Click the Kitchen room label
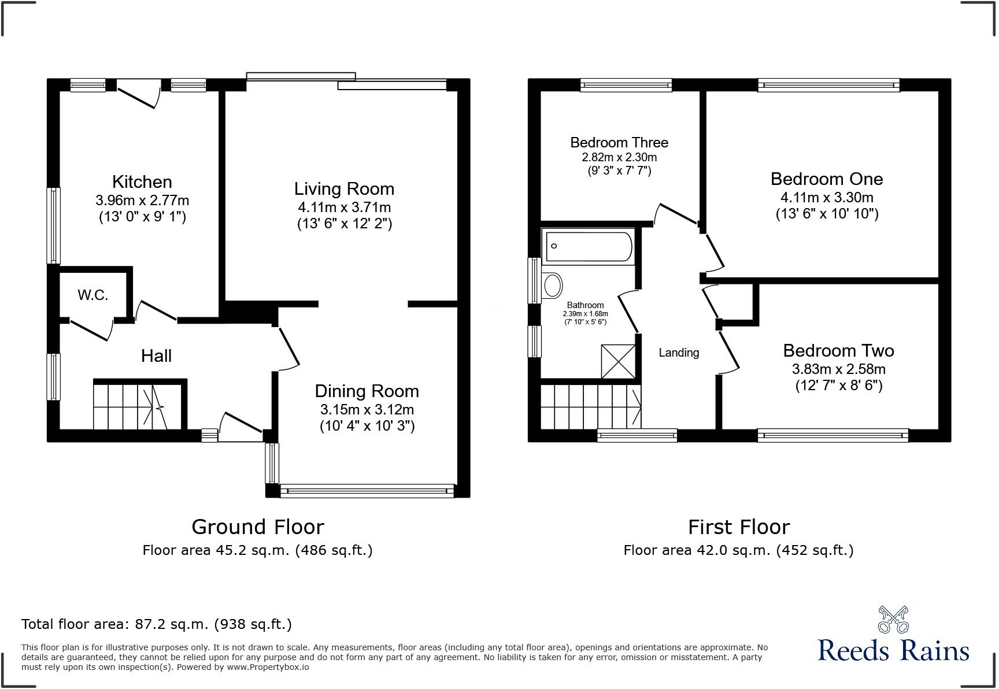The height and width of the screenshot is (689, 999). (142, 182)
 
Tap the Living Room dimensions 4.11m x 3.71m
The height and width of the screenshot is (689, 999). (345, 207)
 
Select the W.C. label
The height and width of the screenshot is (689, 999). (93, 295)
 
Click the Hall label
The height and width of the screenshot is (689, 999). (156, 355)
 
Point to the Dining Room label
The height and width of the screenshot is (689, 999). (367, 391)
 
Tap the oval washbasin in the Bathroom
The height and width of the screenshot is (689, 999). (553, 285)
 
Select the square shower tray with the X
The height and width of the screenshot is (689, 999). (618, 362)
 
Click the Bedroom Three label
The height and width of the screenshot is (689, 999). (619, 142)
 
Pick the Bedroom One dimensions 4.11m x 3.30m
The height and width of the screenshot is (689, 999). (827, 198)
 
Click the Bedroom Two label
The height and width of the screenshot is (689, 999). (838, 351)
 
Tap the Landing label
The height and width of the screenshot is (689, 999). (679, 353)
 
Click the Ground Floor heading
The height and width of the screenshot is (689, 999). (257, 527)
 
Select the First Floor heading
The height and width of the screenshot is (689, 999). (738, 527)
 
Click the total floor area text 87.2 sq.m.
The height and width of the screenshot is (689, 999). (156, 624)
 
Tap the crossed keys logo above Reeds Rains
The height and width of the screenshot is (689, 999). (893, 620)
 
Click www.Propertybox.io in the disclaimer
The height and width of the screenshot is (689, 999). (268, 667)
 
